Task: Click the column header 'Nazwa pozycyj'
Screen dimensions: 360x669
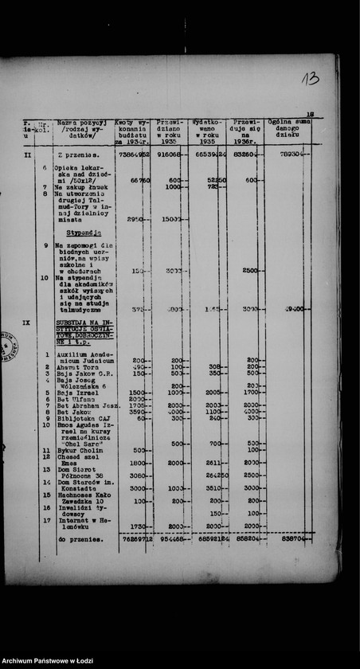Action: tap(82, 123)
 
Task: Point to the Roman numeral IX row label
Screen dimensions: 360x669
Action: tap(27, 324)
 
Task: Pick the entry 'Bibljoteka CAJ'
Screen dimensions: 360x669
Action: tap(82, 417)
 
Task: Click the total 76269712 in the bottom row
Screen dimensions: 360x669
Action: tap(133, 539)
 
